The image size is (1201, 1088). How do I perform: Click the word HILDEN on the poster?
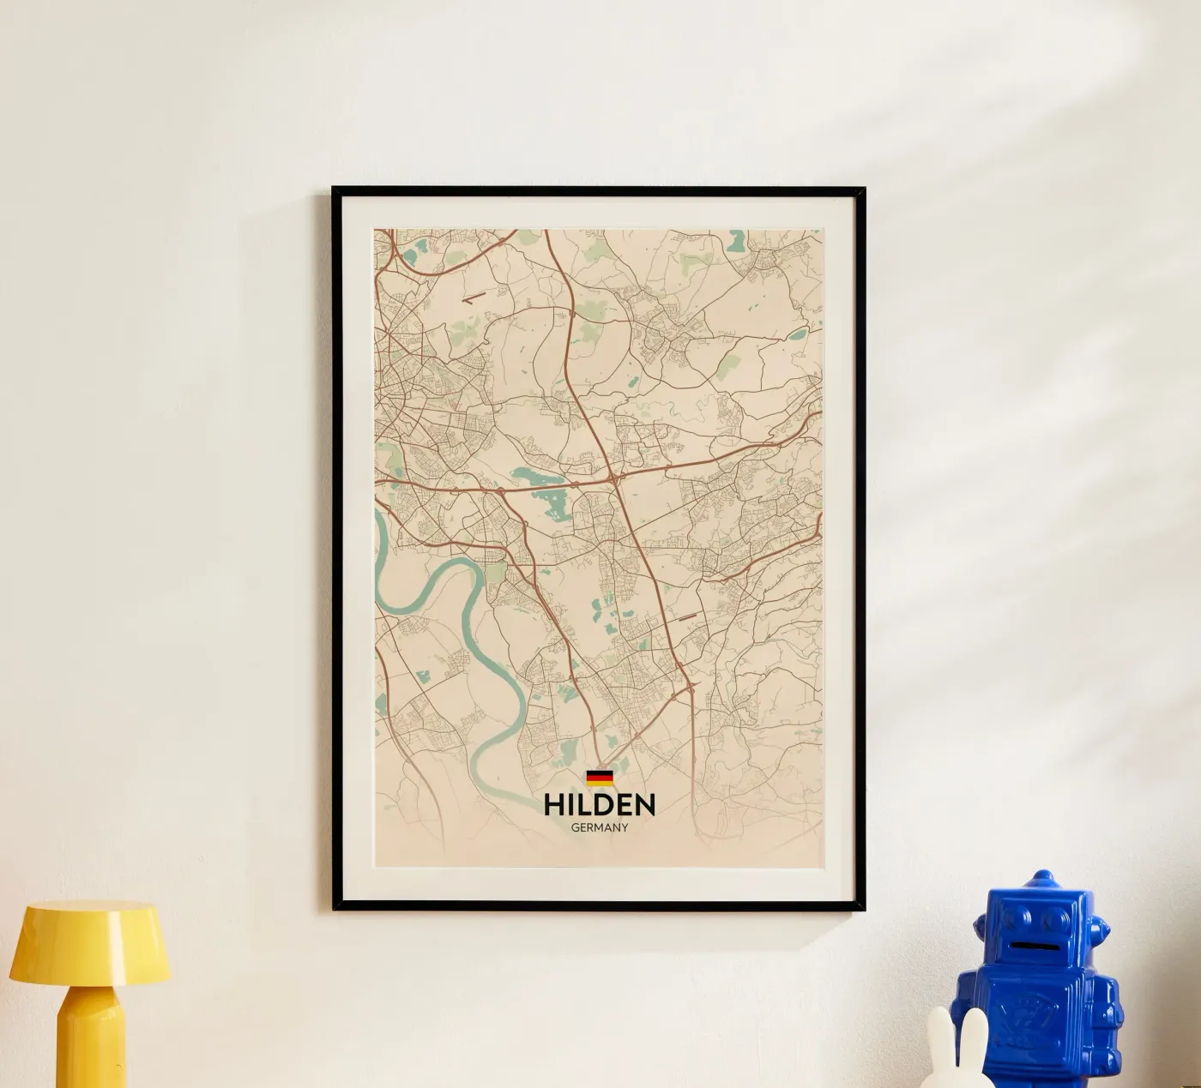click(x=600, y=804)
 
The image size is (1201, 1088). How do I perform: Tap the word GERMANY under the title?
click(x=600, y=828)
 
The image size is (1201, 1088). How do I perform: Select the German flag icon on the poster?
click(x=600, y=778)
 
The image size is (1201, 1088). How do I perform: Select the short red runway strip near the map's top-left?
click(x=473, y=299)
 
